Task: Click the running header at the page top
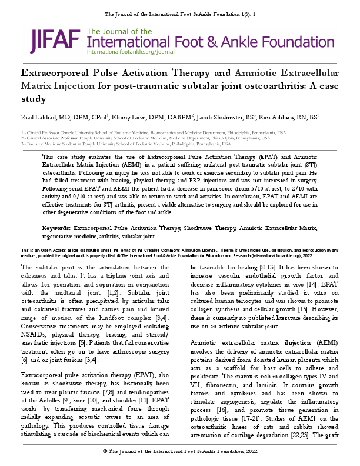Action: [180, 13]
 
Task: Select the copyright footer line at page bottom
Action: [180, 451]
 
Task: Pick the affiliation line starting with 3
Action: [125, 144]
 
